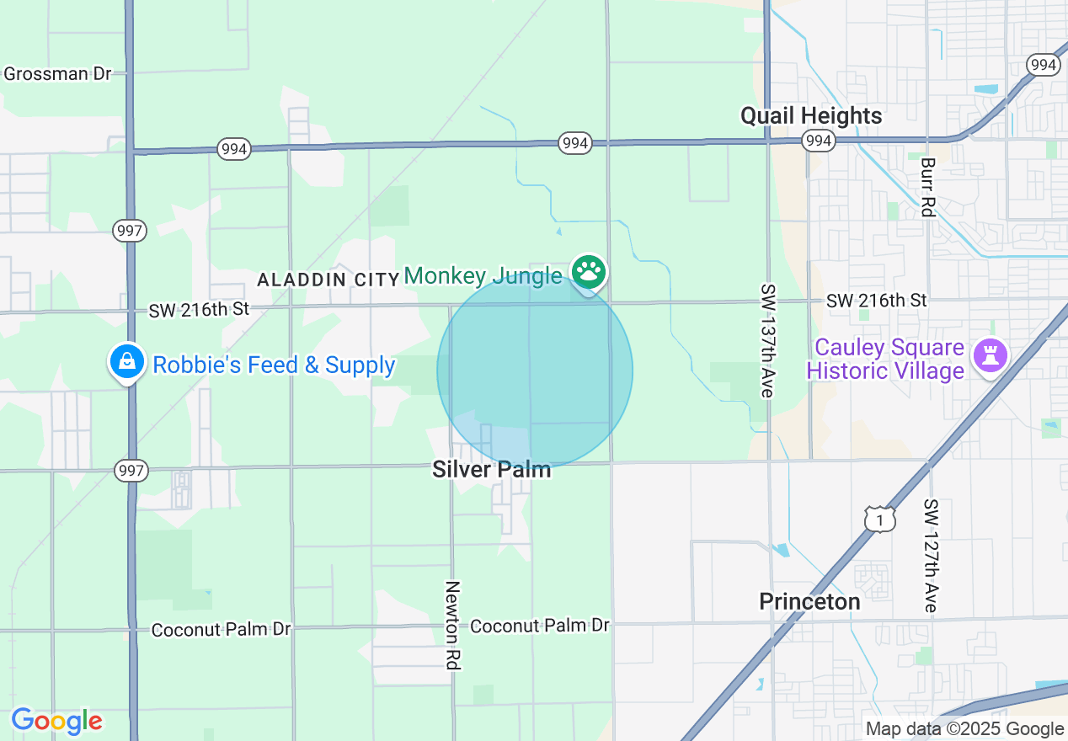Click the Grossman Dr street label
click(x=57, y=73)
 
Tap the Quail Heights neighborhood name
click(x=811, y=115)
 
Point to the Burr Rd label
click(x=927, y=187)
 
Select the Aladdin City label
click(x=328, y=280)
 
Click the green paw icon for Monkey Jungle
click(x=589, y=272)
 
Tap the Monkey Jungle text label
click(x=483, y=275)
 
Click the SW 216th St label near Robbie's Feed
click(x=199, y=309)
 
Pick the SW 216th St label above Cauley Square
click(x=876, y=300)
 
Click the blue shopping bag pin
click(x=126, y=361)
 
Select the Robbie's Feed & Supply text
click(x=274, y=365)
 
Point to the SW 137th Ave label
click(x=767, y=340)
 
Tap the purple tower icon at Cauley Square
click(x=990, y=356)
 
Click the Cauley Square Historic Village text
click(x=884, y=359)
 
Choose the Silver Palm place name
click(x=491, y=469)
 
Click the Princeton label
click(x=809, y=601)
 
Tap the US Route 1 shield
click(x=880, y=520)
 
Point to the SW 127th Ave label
click(x=930, y=556)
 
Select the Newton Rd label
click(x=453, y=625)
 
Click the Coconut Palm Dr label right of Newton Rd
click(x=539, y=626)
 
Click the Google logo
click(x=56, y=721)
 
